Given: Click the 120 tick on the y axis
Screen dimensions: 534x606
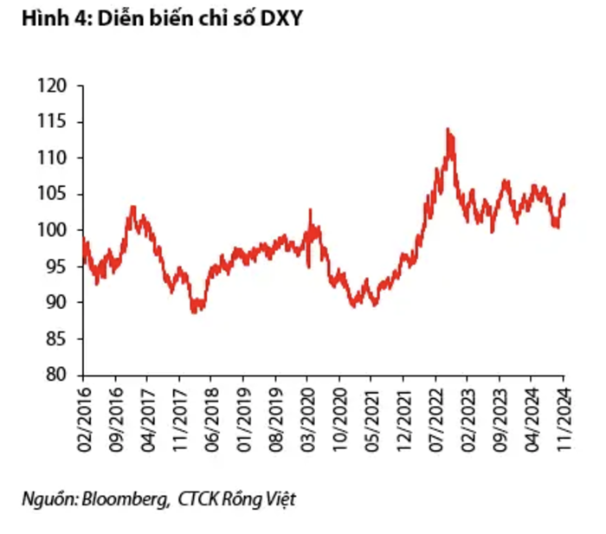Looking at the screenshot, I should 53,87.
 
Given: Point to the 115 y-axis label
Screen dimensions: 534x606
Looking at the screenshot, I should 53,122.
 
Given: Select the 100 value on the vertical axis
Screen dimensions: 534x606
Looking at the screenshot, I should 53,230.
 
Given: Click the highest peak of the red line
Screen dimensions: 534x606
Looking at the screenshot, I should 448,129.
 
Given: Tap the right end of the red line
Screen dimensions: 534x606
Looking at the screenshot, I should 564,195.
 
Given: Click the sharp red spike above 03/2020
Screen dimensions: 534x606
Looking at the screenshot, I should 310,209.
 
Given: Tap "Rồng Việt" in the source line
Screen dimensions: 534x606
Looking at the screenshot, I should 259,499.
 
